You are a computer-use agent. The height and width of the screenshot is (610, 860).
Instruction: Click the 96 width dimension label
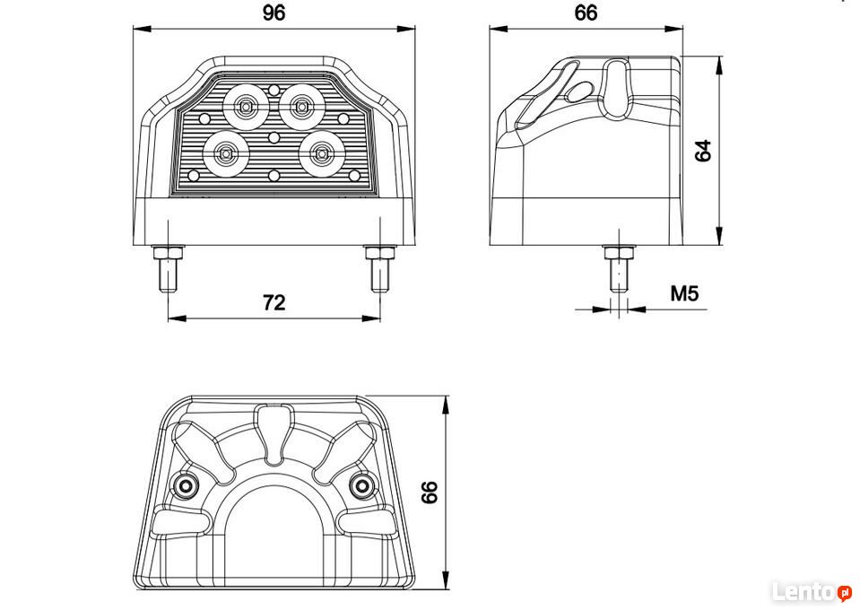click(274, 13)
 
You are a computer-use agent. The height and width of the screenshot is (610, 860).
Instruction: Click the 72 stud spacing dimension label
click(274, 302)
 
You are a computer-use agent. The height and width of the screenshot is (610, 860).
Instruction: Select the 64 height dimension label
click(702, 151)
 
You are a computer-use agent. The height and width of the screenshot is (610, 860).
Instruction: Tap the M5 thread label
click(684, 293)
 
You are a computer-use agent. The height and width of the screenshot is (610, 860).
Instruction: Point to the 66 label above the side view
click(586, 13)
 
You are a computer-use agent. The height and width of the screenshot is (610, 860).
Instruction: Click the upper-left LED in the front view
click(246, 107)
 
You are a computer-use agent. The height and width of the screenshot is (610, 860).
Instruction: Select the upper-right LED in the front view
click(301, 107)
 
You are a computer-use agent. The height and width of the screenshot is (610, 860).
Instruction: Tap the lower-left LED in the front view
click(226, 154)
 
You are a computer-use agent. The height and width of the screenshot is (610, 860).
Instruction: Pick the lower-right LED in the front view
click(321, 154)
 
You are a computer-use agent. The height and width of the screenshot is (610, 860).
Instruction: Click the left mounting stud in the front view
click(168, 268)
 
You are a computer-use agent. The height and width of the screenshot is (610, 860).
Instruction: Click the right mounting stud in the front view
click(380, 268)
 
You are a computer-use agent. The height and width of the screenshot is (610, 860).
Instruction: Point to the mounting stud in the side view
click(619, 268)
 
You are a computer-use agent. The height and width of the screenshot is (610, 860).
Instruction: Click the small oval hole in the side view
click(579, 91)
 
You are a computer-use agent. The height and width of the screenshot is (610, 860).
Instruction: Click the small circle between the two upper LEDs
click(274, 90)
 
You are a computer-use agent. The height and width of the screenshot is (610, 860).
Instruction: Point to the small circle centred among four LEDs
click(274, 136)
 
